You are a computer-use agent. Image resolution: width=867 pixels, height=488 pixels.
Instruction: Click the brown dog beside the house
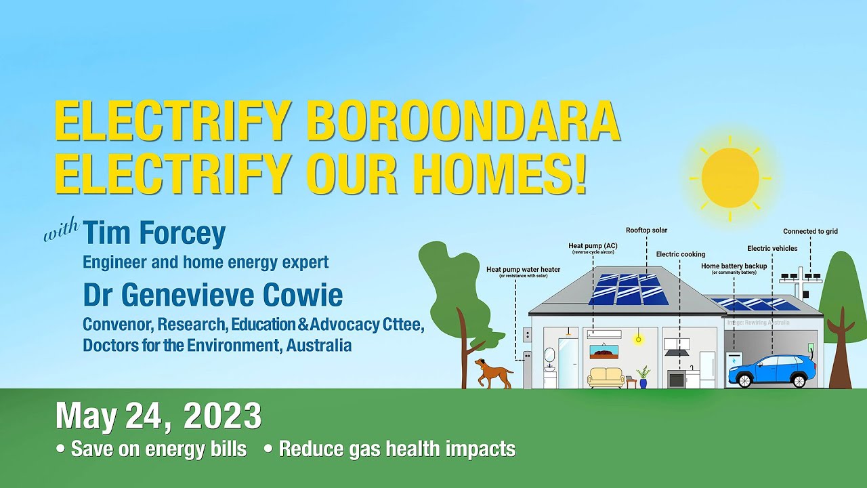[493, 373]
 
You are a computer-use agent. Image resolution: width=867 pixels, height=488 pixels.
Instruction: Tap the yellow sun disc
[729, 178]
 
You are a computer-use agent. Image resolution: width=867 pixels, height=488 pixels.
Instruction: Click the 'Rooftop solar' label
[646, 230]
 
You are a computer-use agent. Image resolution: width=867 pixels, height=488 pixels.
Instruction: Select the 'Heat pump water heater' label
[523, 270]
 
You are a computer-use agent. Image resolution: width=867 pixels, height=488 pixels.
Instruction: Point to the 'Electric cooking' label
[680, 255]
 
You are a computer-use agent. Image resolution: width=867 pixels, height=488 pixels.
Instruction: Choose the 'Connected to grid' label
[810, 232]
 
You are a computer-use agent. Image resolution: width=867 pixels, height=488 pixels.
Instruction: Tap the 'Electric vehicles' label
[772, 249]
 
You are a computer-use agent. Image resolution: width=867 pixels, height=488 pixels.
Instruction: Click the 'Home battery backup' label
[734, 266]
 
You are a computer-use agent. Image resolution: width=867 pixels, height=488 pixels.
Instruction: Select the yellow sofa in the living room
[606, 377]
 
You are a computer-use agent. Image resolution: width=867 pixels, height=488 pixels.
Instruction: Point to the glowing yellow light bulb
[637, 339]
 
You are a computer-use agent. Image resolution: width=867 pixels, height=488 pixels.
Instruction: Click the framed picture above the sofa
[604, 352]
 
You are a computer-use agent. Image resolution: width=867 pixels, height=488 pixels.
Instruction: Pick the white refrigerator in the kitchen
[707, 369]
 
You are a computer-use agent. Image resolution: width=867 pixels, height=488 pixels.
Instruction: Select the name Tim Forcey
[154, 234]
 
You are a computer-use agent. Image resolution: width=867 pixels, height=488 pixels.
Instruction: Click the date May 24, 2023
[158, 416]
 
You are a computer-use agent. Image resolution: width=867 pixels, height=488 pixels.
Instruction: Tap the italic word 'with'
[62, 233]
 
